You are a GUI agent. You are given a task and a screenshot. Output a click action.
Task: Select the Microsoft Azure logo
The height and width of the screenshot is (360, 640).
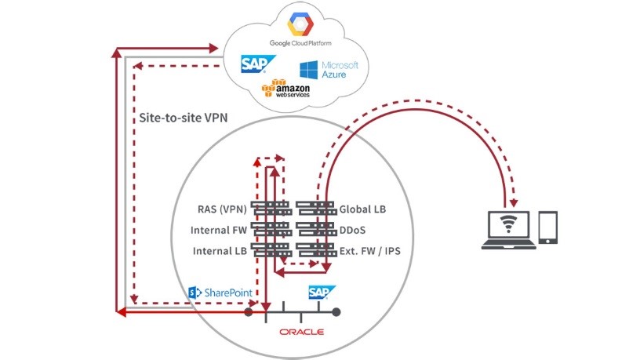coord(327,69)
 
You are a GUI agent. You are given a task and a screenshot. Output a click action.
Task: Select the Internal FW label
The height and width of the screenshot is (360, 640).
coord(219,231)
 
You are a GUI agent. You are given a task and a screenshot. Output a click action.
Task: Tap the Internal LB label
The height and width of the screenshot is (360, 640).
coord(219,252)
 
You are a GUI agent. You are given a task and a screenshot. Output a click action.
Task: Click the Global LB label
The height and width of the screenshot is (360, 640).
coord(362,209)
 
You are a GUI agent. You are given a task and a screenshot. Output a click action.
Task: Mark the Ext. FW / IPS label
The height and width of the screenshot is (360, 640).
coord(374,252)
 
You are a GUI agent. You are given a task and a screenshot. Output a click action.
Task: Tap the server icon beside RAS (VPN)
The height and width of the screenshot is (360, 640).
coord(271,209)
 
